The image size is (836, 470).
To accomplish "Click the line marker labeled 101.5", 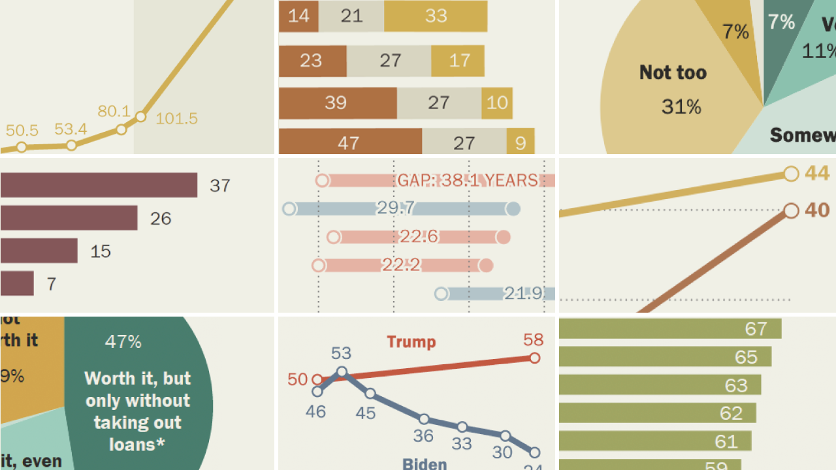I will [140, 117].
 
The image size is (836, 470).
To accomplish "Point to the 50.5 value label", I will [22, 130].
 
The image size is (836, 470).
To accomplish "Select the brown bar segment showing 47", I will [349, 142].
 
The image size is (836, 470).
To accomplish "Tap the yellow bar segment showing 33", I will [436, 16].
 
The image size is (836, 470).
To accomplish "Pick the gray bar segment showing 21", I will [351, 16].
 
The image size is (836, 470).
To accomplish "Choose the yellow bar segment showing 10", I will [497, 103].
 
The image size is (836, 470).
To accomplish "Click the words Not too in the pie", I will [673, 72].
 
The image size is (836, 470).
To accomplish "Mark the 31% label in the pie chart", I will [681, 106].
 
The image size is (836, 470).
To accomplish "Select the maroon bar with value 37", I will [99, 185].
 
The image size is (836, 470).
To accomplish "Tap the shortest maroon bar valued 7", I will [17, 283].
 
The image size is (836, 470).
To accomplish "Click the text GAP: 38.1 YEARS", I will [468, 180].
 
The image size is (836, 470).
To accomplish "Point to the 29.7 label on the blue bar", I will [396, 208].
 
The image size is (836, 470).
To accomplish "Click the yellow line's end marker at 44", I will [791, 174].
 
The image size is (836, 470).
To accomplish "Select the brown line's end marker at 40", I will [791, 210].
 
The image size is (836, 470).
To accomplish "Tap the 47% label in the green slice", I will [123, 341].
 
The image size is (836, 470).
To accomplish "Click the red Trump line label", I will [411, 341].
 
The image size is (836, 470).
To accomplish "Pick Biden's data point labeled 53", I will [342, 373].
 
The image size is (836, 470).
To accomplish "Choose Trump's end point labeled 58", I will [534, 358].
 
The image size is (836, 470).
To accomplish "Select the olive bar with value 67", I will [670, 328].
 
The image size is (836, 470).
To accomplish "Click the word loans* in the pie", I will [137, 445].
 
